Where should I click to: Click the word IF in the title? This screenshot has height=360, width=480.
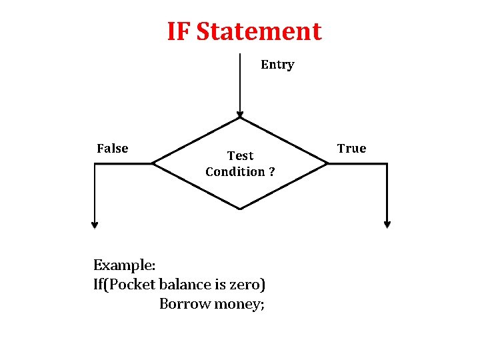179,31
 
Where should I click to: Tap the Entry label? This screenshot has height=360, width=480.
277,65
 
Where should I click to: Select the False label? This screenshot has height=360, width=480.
113,149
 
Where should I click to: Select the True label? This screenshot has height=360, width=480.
351,149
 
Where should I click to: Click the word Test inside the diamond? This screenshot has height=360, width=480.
240,156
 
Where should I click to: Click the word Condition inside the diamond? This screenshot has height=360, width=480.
235,172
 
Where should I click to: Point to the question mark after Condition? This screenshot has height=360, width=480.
271,172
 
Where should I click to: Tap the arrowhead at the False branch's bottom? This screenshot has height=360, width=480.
95,225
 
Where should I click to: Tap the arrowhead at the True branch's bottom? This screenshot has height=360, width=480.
387,225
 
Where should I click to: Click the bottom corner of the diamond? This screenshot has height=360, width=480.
240,209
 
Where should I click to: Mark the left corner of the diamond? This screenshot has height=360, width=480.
153,163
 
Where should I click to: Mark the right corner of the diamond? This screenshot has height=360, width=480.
327,163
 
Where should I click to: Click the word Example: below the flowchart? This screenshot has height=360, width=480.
125,265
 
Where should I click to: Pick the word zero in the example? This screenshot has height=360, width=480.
244,285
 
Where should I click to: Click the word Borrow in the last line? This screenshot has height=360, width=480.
182,304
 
